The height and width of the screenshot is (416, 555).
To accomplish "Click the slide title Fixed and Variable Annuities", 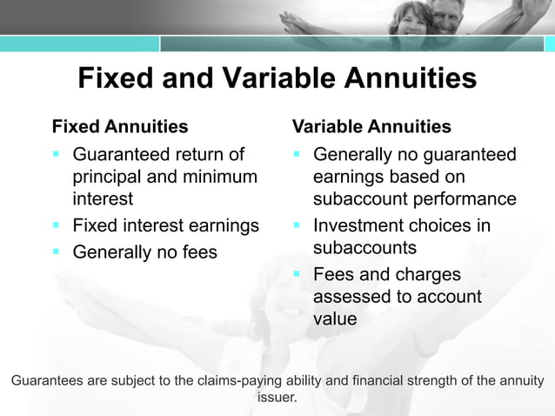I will pyautogui.click(x=277, y=78).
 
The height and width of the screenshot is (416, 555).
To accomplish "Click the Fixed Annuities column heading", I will pyautogui.click(x=120, y=127).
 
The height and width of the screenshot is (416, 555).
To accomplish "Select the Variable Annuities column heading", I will pyautogui.click(x=371, y=127).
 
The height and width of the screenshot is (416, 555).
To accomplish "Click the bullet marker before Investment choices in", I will pyautogui.click(x=297, y=226).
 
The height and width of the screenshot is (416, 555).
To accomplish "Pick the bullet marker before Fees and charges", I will pyautogui.click(x=297, y=275).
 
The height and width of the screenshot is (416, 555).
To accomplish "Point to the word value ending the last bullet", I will pyautogui.click(x=335, y=319).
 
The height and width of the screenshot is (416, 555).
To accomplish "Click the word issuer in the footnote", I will pyautogui.click(x=277, y=398).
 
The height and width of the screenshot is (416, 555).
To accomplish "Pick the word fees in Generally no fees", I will pyautogui.click(x=197, y=253).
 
